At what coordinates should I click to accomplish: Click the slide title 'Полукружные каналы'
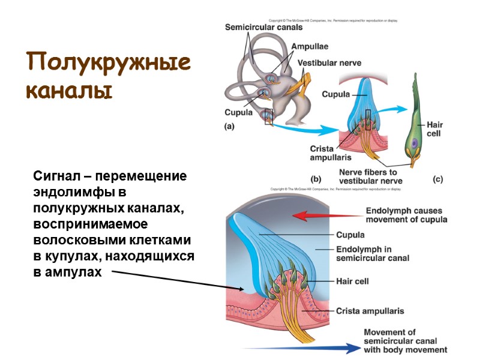pos(108,77)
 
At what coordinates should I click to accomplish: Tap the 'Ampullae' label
pos(310,46)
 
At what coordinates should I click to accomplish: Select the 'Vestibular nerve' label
pos(332,62)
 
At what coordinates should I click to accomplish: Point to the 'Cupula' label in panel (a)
pos(239,112)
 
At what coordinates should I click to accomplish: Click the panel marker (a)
pos(229,127)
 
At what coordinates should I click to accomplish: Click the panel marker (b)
pos(316,179)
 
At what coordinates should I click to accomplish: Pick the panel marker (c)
pos(437,179)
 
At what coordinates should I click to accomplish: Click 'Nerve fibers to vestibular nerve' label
pos(368,176)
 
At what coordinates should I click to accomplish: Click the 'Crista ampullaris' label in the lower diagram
pos(370,311)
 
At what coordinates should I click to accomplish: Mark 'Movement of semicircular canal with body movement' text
pos(406,341)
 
